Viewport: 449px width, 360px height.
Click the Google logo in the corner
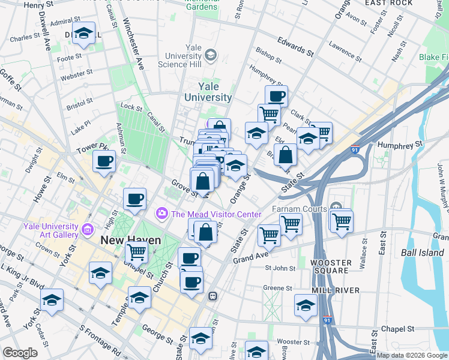click(20, 353)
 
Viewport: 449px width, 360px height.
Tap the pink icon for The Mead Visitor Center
click(161, 214)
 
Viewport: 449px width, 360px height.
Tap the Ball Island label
click(423, 253)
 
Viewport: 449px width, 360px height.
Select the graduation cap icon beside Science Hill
click(211, 56)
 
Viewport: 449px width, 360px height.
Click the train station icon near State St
click(212, 296)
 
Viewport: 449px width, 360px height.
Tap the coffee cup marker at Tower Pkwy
click(104, 161)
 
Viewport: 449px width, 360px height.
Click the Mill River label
click(336, 290)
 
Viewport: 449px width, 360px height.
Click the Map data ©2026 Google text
click(412, 355)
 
